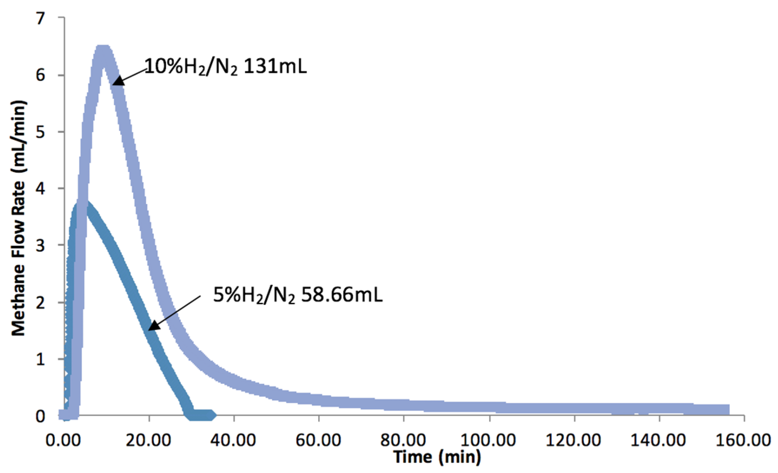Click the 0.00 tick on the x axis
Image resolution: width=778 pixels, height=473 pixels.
pos(64,440)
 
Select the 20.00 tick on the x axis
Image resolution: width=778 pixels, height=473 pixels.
pos(149,440)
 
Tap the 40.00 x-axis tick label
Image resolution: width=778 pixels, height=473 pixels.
pos(234,440)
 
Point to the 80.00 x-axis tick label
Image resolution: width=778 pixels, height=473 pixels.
pos(404,440)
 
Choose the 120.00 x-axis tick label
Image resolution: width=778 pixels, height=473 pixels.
pos(574,440)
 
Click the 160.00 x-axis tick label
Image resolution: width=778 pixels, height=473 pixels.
pos(743,440)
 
